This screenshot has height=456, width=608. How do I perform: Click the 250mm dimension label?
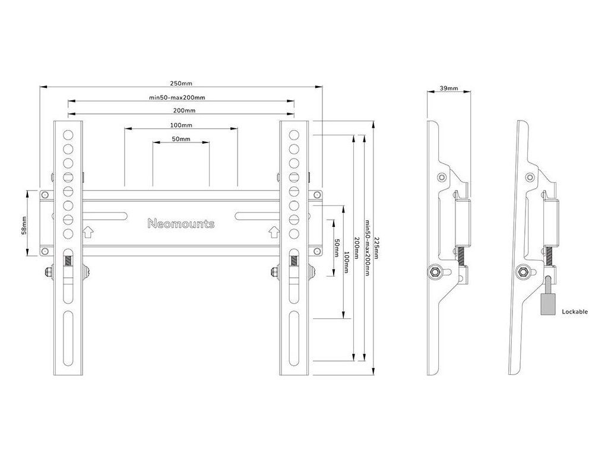[x=180, y=84]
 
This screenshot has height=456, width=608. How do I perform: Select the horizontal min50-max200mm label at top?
[x=178, y=97]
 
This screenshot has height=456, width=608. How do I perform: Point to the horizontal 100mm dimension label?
[x=180, y=125]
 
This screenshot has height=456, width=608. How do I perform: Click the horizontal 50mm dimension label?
[x=180, y=139]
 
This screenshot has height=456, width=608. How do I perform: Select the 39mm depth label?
[x=448, y=88]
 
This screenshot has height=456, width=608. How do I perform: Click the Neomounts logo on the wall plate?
[x=180, y=224]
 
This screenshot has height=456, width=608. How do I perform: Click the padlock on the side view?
[x=548, y=303]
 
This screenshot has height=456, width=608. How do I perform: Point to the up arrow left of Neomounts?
[x=87, y=231]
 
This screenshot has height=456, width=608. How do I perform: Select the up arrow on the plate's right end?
[x=274, y=231]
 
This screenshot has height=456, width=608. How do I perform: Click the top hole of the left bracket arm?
[x=69, y=134]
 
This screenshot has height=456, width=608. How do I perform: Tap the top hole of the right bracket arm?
[x=293, y=134]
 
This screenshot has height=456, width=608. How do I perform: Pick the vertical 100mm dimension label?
[x=347, y=262]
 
